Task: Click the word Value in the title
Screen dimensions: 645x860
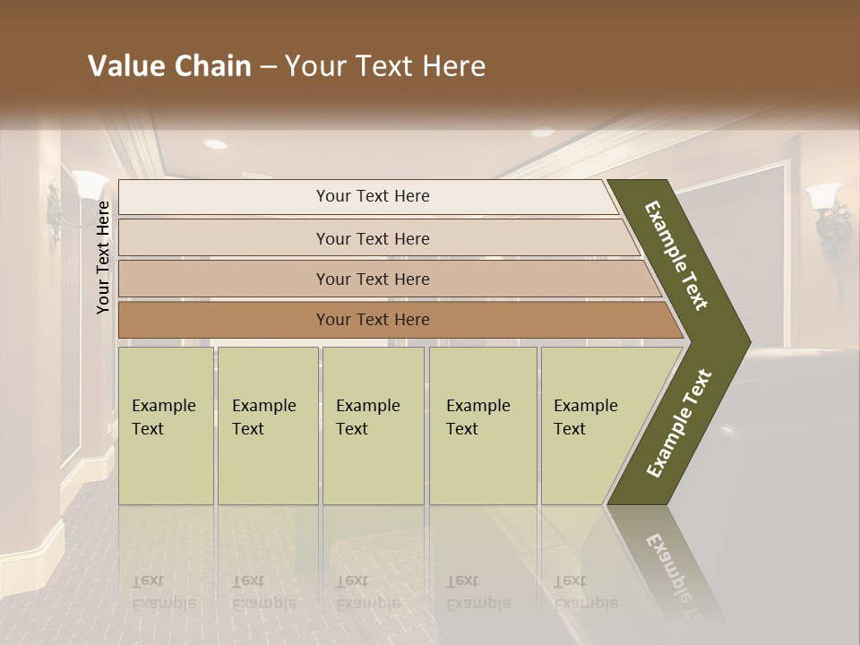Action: pos(124,66)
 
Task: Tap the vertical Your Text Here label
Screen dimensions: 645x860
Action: pos(103,257)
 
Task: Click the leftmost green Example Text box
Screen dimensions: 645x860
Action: pos(166,426)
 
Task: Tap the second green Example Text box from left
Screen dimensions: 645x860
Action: pos(267,426)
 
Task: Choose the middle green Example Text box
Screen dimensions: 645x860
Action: pos(373,426)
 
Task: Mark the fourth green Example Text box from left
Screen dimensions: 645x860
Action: pos(482,426)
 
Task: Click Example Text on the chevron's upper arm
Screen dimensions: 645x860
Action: pos(676,255)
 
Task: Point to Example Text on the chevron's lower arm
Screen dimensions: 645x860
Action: pos(678,424)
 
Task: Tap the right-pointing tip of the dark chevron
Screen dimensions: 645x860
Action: pos(745,341)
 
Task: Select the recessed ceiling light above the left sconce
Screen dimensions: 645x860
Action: pos(215,143)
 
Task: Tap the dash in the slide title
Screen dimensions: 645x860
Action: pos(267,67)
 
